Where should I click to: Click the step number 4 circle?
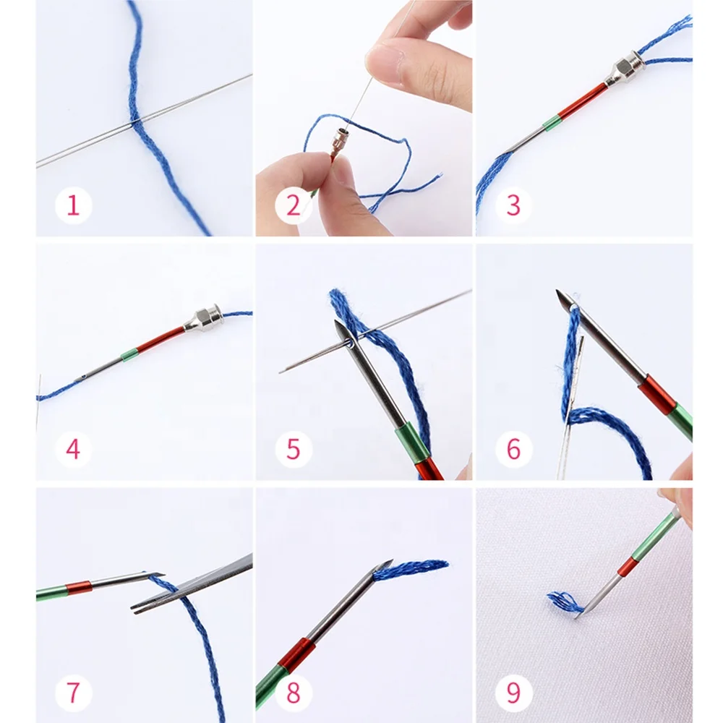click(73, 449)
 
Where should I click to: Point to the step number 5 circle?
click(293, 449)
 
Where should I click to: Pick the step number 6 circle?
click(513, 449)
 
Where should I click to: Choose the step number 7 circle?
click(73, 693)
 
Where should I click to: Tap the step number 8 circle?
click(293, 693)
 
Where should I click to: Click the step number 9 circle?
click(513, 693)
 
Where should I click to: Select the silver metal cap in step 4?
click(202, 319)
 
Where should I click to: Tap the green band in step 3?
click(552, 123)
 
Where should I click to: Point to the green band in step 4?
click(129, 355)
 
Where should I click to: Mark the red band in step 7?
click(79, 588)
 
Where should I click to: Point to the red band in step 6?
click(656, 394)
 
